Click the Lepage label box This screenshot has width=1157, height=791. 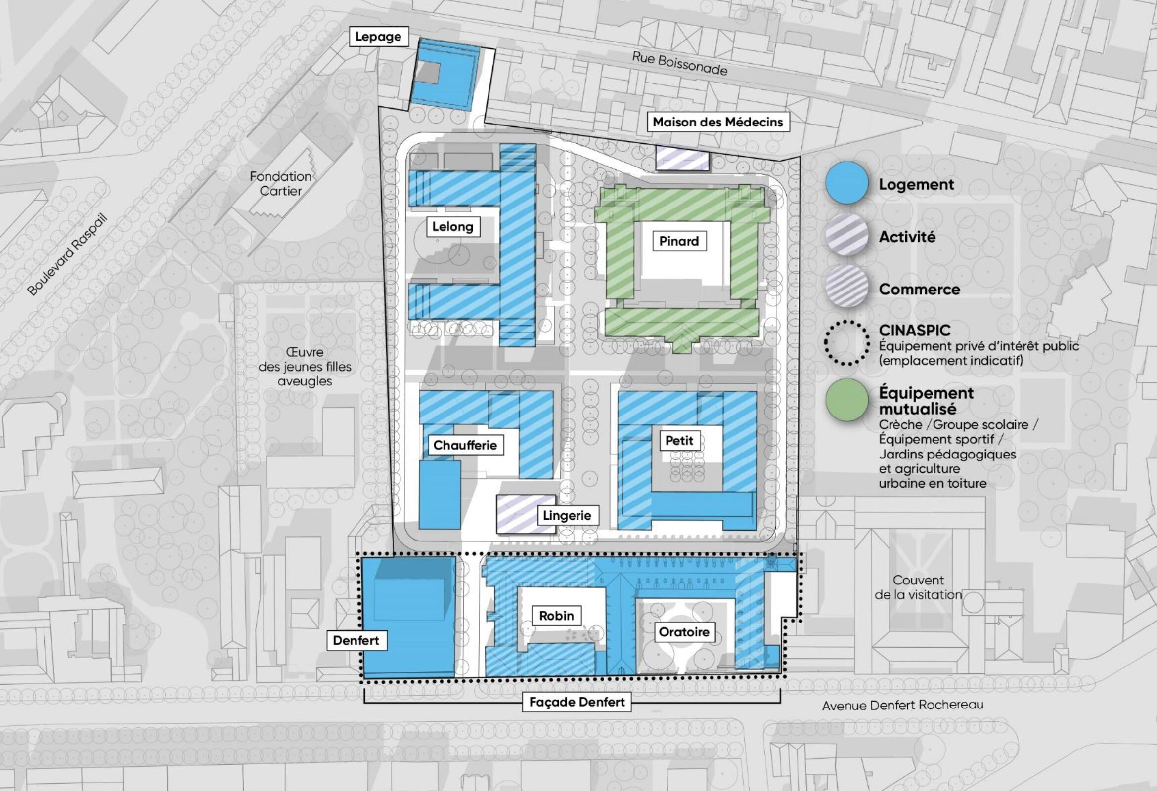(x=378, y=37)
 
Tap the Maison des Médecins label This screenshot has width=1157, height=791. (x=718, y=122)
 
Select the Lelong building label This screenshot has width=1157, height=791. (x=452, y=227)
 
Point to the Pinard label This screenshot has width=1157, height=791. (x=679, y=241)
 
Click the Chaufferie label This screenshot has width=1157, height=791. (x=465, y=445)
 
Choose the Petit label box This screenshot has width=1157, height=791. (x=679, y=440)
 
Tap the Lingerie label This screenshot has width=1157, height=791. (x=567, y=515)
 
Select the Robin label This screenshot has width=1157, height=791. (x=556, y=616)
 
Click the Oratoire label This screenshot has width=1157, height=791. (x=684, y=632)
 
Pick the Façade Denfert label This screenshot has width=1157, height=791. (x=577, y=702)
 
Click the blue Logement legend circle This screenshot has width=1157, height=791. (x=846, y=183)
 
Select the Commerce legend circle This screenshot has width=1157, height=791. (x=846, y=288)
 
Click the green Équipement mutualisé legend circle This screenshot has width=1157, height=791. (x=846, y=400)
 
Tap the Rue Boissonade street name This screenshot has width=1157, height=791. (x=679, y=64)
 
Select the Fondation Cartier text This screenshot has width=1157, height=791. (x=281, y=184)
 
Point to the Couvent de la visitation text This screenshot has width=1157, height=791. (x=918, y=587)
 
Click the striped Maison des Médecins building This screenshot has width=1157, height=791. (x=682, y=158)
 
